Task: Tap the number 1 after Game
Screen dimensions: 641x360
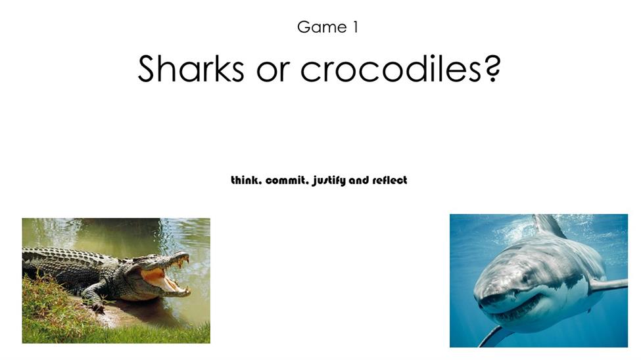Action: [x=355, y=27]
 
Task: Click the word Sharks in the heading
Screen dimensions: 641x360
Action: [x=191, y=68]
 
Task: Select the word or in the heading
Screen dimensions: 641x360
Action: [x=273, y=72]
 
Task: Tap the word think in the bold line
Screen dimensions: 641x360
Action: [x=246, y=180]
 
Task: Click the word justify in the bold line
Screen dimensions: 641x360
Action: [x=329, y=181]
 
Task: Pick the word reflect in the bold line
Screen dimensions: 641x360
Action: [x=390, y=180]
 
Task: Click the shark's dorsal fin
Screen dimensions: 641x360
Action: [x=548, y=225]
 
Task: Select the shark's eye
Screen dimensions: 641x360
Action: [x=525, y=279]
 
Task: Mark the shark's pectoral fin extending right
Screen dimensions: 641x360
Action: [x=608, y=285]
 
